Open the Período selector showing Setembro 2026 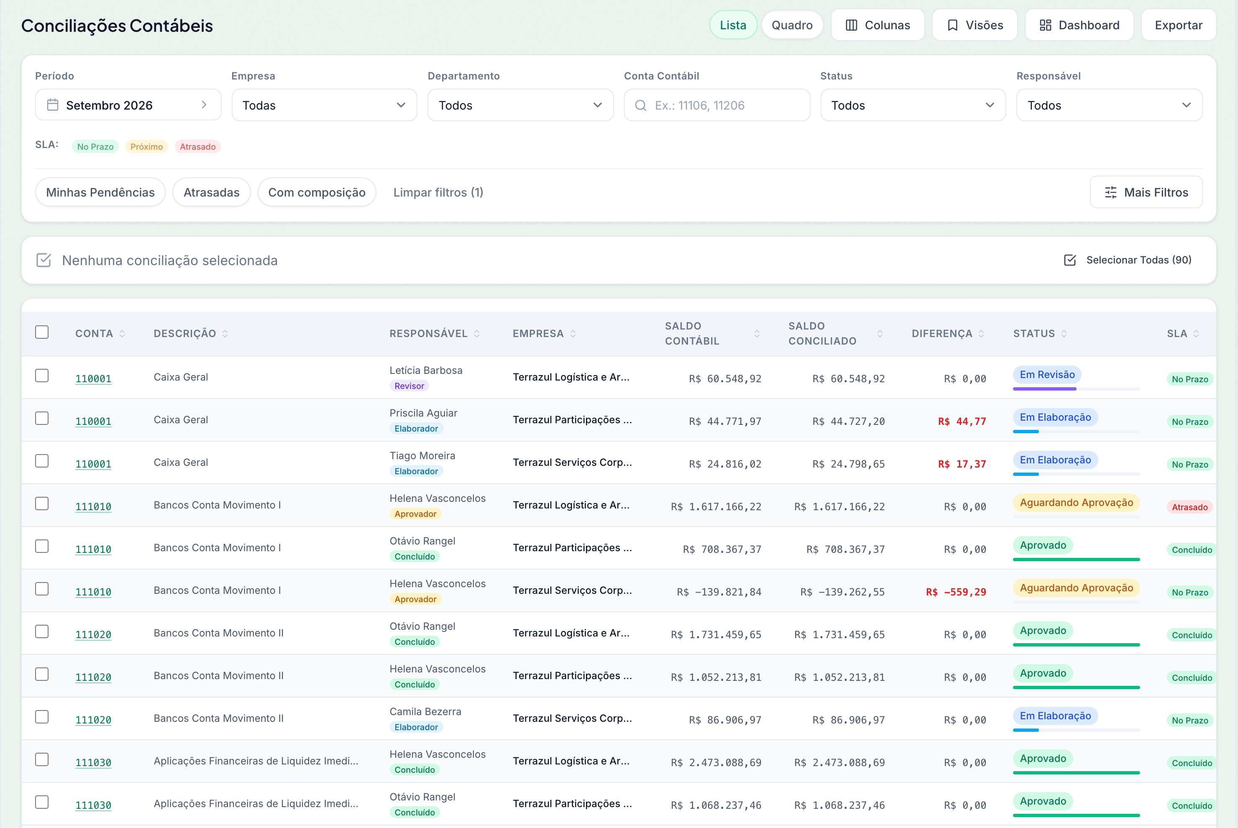128,105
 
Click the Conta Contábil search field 717,105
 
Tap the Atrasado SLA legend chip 197,146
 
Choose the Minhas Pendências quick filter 100,192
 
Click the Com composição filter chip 317,192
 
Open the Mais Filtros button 1146,192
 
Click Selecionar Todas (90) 1128,260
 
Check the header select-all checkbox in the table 42,332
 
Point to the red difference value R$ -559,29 956,592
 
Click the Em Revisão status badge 1047,374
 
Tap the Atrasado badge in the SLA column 1189,507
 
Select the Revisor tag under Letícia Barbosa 409,386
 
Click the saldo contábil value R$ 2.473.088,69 716,762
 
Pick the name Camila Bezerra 425,711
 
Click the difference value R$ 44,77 962,422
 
